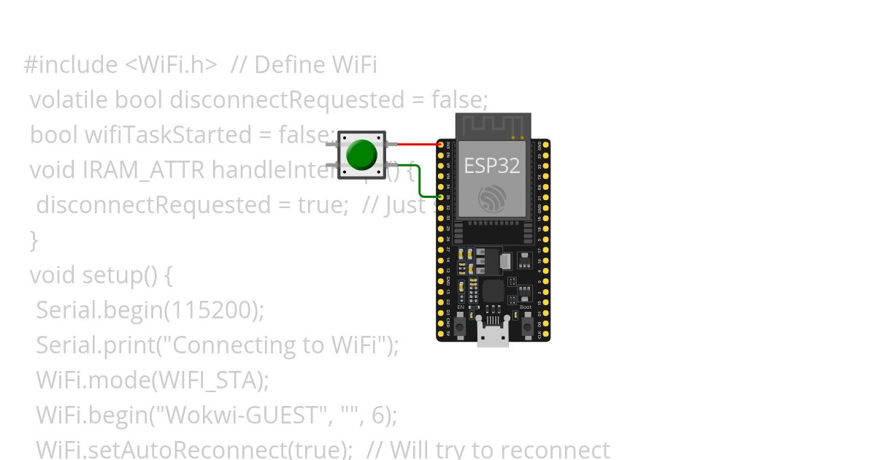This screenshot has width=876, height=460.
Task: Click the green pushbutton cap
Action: click(x=361, y=154)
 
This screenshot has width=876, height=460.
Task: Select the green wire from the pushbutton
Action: click(x=418, y=180)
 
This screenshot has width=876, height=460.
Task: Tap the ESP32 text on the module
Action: click(x=492, y=166)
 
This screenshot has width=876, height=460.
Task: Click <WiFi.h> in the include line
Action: click(x=171, y=65)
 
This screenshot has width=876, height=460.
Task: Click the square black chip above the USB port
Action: click(x=493, y=291)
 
